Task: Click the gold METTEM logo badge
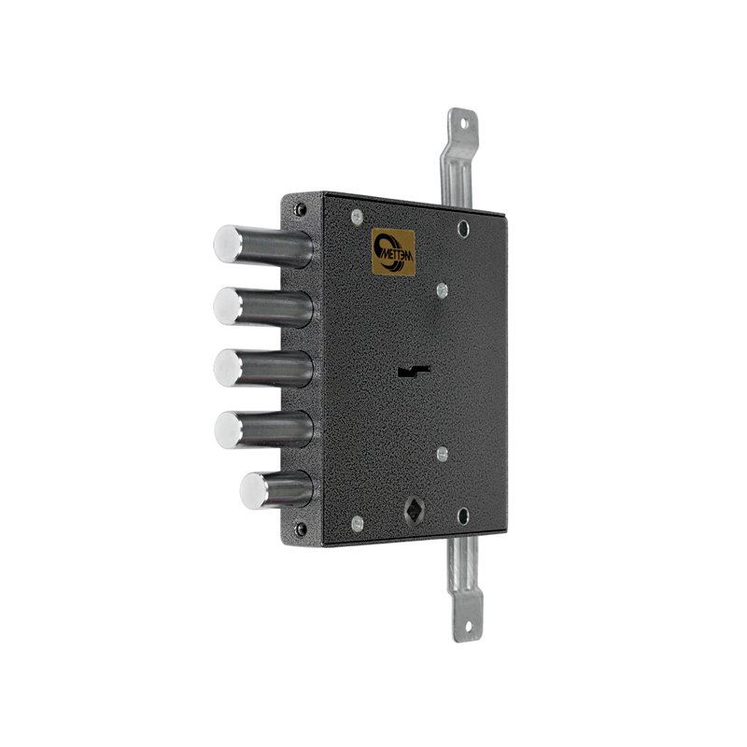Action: [x=393, y=252]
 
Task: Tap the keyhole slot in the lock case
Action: [x=414, y=371]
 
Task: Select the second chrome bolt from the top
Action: [x=263, y=307]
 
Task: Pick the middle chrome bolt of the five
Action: [x=263, y=368]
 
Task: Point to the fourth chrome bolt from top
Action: [x=263, y=430]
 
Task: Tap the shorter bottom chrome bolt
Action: [x=276, y=490]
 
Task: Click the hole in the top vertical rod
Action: [x=464, y=124]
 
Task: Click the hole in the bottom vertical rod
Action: [x=468, y=626]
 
